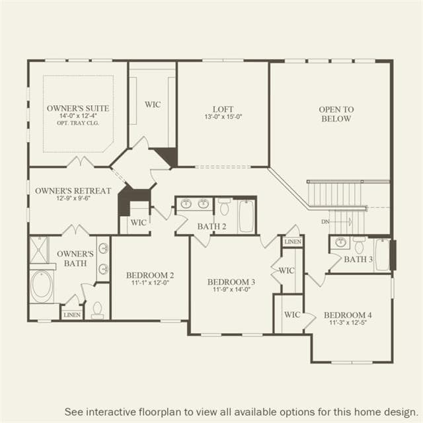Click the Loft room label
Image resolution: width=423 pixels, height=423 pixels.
(223, 109)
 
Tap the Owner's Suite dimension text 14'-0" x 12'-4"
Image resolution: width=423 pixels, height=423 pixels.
(78, 116)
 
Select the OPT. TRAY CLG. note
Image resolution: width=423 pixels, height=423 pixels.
(78, 123)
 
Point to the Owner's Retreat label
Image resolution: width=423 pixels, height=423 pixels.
(73, 191)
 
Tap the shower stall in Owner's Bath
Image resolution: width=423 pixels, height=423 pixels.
(39, 250)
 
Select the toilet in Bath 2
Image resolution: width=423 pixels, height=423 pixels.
(224, 207)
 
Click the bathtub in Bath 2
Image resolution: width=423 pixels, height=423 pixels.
(247, 216)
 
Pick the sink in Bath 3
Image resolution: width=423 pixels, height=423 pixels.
(341, 243)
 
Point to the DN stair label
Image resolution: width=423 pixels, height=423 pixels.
(325, 222)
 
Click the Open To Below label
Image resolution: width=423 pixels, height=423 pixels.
(336, 114)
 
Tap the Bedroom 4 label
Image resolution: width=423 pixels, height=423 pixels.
(348, 315)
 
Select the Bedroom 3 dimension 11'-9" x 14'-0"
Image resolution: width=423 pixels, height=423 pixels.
(232, 289)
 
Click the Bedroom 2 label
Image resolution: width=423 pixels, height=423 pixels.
(150, 275)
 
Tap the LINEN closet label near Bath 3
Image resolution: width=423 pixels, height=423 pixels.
(293, 242)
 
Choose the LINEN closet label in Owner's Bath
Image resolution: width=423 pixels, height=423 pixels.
(72, 315)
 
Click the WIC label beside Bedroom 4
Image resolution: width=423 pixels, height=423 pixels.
(292, 315)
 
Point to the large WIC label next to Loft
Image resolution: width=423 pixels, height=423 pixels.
(153, 104)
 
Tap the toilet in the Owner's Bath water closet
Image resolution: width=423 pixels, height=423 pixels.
(97, 309)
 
